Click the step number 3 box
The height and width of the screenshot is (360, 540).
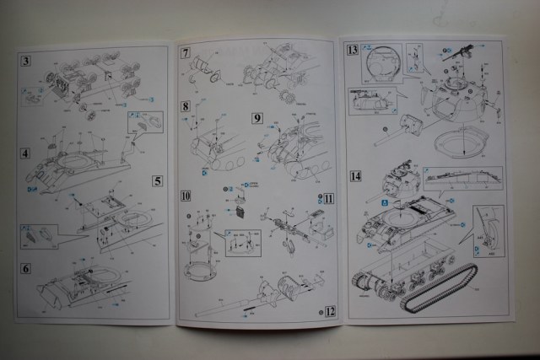(x=26, y=60)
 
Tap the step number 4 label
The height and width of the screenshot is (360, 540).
(x=26, y=153)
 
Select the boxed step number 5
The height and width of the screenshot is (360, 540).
(x=158, y=180)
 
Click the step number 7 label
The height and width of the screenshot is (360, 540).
(x=185, y=52)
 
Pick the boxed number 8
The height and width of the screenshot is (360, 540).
(x=185, y=107)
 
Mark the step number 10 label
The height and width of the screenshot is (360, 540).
(x=186, y=196)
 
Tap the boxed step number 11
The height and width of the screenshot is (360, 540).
(x=328, y=198)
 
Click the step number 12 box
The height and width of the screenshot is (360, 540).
(x=330, y=310)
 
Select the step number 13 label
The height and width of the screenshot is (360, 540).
(x=352, y=51)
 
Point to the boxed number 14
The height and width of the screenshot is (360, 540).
(x=355, y=176)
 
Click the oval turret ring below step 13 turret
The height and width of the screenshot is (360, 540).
(x=462, y=142)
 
